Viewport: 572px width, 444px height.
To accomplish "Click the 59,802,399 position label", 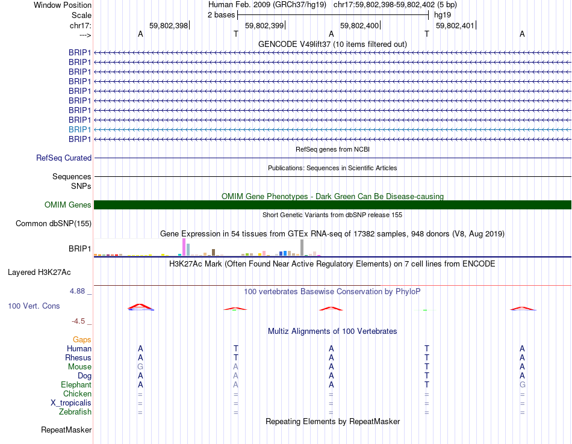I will pos(264,25).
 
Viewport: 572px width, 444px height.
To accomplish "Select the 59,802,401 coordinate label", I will pos(455,25).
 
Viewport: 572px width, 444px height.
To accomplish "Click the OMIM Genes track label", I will pos(67,205).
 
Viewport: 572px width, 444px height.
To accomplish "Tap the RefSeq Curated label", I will pos(64,158).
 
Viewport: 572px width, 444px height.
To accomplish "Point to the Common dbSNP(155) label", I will pos(53,224).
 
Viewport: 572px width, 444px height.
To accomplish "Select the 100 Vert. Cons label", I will pos(34,306).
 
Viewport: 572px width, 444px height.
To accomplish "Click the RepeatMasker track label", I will pos(66,430).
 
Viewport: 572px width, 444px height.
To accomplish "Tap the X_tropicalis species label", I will pos(71,403).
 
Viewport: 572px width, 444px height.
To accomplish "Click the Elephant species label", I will pos(76,385).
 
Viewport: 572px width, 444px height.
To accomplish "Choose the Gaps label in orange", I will pos(82,340).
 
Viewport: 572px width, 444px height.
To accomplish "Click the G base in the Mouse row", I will pos(140,367).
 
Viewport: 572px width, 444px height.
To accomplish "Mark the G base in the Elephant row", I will pos(522,385).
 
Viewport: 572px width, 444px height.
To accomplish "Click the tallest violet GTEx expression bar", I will pos(184,247).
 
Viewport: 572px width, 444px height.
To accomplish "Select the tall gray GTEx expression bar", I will pos(302,247).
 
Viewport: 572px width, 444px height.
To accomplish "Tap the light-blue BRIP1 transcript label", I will pos(79,129).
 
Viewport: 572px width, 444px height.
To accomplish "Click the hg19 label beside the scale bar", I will pos(442,15).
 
